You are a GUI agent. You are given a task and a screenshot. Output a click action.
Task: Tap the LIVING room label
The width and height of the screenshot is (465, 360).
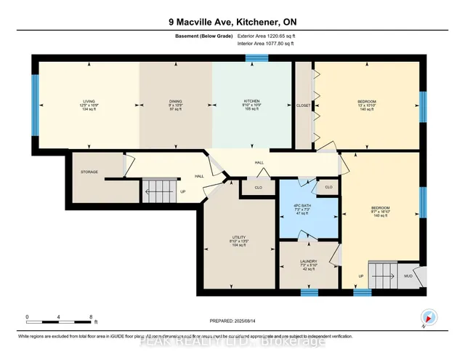pyautogui.click(x=89, y=101)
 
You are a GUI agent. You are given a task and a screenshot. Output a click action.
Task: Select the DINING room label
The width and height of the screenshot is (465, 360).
pyautogui.click(x=176, y=101)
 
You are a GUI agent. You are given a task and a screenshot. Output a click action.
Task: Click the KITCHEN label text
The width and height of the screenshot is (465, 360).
pyautogui.click(x=251, y=101)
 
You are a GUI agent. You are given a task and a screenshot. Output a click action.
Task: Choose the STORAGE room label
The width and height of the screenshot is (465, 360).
pyautogui.click(x=89, y=172)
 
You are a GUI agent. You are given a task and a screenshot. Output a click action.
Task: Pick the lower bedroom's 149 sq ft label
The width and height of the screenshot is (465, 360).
pyautogui.click(x=377, y=216)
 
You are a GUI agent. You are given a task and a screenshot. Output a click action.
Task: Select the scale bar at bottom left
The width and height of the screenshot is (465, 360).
pyautogui.click(x=59, y=318)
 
